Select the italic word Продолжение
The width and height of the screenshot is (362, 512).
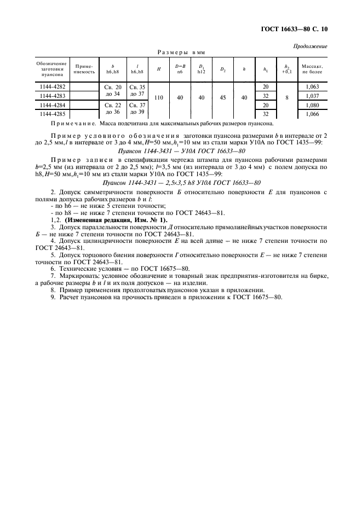(x=312, y=46)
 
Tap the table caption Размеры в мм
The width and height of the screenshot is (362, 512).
(x=181, y=53)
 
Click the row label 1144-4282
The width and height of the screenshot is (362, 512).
(x=52, y=87)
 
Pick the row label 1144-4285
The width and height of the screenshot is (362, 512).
(x=52, y=114)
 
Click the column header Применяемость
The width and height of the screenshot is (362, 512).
(x=84, y=69)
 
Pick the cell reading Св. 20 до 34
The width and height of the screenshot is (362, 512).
(x=113, y=91)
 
